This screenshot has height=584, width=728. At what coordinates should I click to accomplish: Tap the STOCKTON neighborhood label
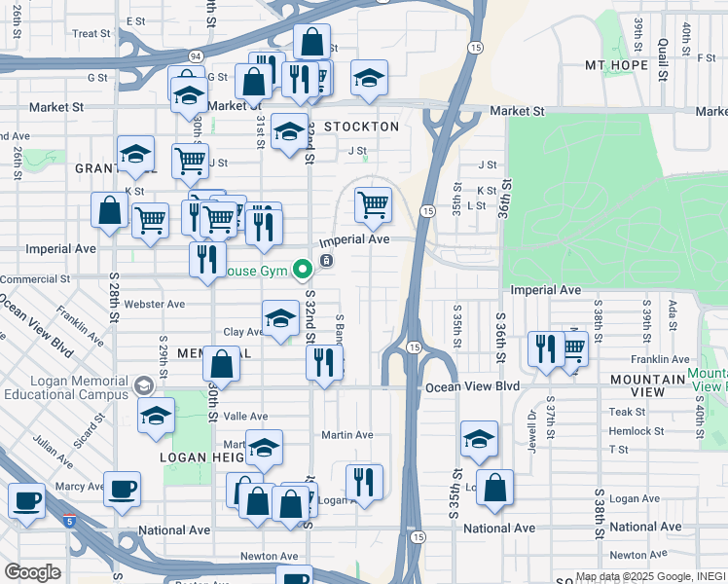[361, 127]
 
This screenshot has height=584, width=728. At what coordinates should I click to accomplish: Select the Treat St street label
[91, 34]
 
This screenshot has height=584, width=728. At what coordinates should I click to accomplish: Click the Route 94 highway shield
[196, 55]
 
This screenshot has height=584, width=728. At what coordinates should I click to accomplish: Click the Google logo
[32, 572]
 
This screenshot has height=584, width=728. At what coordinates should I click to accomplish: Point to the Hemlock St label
[636, 431]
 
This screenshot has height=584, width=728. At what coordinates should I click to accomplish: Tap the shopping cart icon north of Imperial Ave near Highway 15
[373, 204]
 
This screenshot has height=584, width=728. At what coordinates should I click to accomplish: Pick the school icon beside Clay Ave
[280, 318]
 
